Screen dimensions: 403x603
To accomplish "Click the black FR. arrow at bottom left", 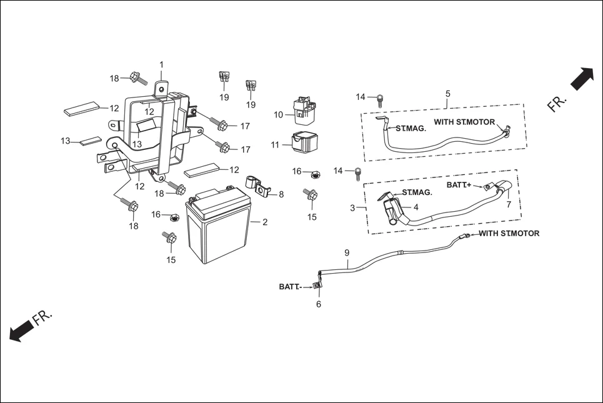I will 21,330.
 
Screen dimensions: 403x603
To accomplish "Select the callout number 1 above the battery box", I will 161,64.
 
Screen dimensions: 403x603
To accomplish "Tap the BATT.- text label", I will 290,287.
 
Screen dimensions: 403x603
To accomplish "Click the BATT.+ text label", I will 459,186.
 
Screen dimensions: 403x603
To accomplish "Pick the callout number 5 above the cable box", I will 448,94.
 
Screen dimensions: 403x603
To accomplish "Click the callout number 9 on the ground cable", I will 347,253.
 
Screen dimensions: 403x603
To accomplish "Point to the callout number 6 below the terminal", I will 319,304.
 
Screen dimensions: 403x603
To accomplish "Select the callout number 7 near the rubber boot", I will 509,204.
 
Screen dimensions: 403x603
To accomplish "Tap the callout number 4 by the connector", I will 416,207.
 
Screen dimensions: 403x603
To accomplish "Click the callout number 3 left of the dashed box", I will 352,207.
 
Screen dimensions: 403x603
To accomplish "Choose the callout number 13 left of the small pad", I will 66,141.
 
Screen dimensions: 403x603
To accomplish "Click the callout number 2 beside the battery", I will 265,222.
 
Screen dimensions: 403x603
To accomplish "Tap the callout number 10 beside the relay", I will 279,115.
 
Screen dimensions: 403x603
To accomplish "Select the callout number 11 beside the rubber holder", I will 276,145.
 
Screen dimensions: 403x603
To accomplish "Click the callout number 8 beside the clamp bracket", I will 281,194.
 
